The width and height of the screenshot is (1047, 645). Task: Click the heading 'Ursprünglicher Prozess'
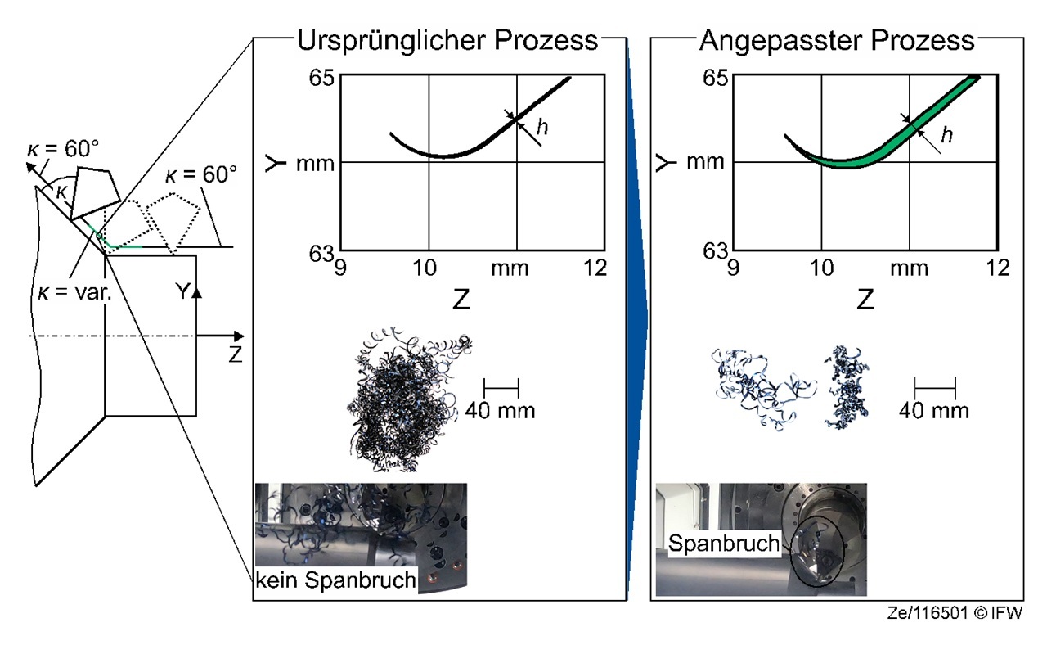[x=447, y=41]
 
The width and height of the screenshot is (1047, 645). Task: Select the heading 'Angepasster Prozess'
[x=837, y=41]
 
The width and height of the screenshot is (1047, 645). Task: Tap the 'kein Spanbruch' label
[x=335, y=580]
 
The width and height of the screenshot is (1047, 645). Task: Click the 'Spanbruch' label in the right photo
[x=724, y=544]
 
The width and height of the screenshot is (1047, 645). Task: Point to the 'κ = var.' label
[x=74, y=292]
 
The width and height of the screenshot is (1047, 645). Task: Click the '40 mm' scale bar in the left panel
[x=501, y=388]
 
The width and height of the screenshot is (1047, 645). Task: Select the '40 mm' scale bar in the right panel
[x=935, y=388]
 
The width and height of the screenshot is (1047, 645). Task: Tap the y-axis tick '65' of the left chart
[x=321, y=78]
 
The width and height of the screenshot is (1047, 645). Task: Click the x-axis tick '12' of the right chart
[x=997, y=268]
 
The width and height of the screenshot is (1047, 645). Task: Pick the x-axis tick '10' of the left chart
[x=425, y=268]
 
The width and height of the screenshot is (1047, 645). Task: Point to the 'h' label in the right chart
[x=947, y=135]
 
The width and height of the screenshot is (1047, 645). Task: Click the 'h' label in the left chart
[x=542, y=127]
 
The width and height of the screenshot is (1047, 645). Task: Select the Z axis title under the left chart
[x=461, y=300]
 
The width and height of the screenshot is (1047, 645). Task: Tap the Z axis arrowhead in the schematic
[x=239, y=336]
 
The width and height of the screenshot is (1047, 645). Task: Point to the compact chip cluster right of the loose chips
[x=847, y=387]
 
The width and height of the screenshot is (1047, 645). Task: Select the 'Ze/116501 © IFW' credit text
[x=955, y=613]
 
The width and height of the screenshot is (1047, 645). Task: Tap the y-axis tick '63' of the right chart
[x=715, y=251]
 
